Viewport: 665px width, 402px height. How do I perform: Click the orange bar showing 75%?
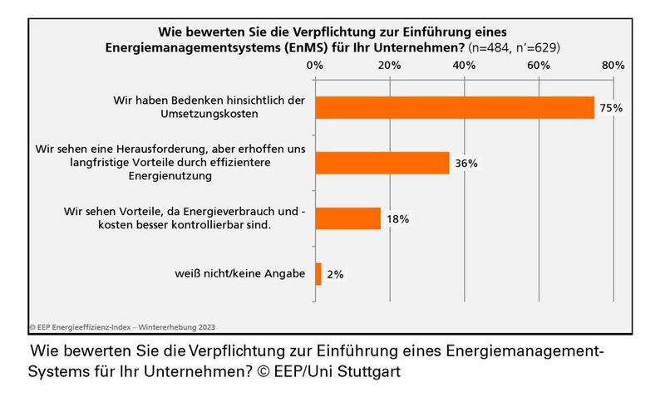tap(454, 108)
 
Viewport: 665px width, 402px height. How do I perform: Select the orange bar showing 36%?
tap(382, 163)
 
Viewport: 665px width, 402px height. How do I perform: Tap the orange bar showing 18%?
tap(347, 218)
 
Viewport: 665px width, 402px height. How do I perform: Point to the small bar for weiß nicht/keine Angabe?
tap(318, 274)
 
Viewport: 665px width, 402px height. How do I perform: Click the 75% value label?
tap(612, 108)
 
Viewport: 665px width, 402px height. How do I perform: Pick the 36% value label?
tap(465, 164)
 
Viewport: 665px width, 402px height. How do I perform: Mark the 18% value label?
tap(397, 219)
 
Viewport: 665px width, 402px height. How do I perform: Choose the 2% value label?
tap(335, 275)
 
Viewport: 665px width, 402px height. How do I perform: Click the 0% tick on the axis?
tap(314, 64)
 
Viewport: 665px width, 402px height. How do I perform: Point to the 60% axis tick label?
tap(538, 64)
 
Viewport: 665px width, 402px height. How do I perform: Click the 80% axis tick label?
tap(613, 64)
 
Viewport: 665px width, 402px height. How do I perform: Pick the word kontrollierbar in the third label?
tap(229, 226)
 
